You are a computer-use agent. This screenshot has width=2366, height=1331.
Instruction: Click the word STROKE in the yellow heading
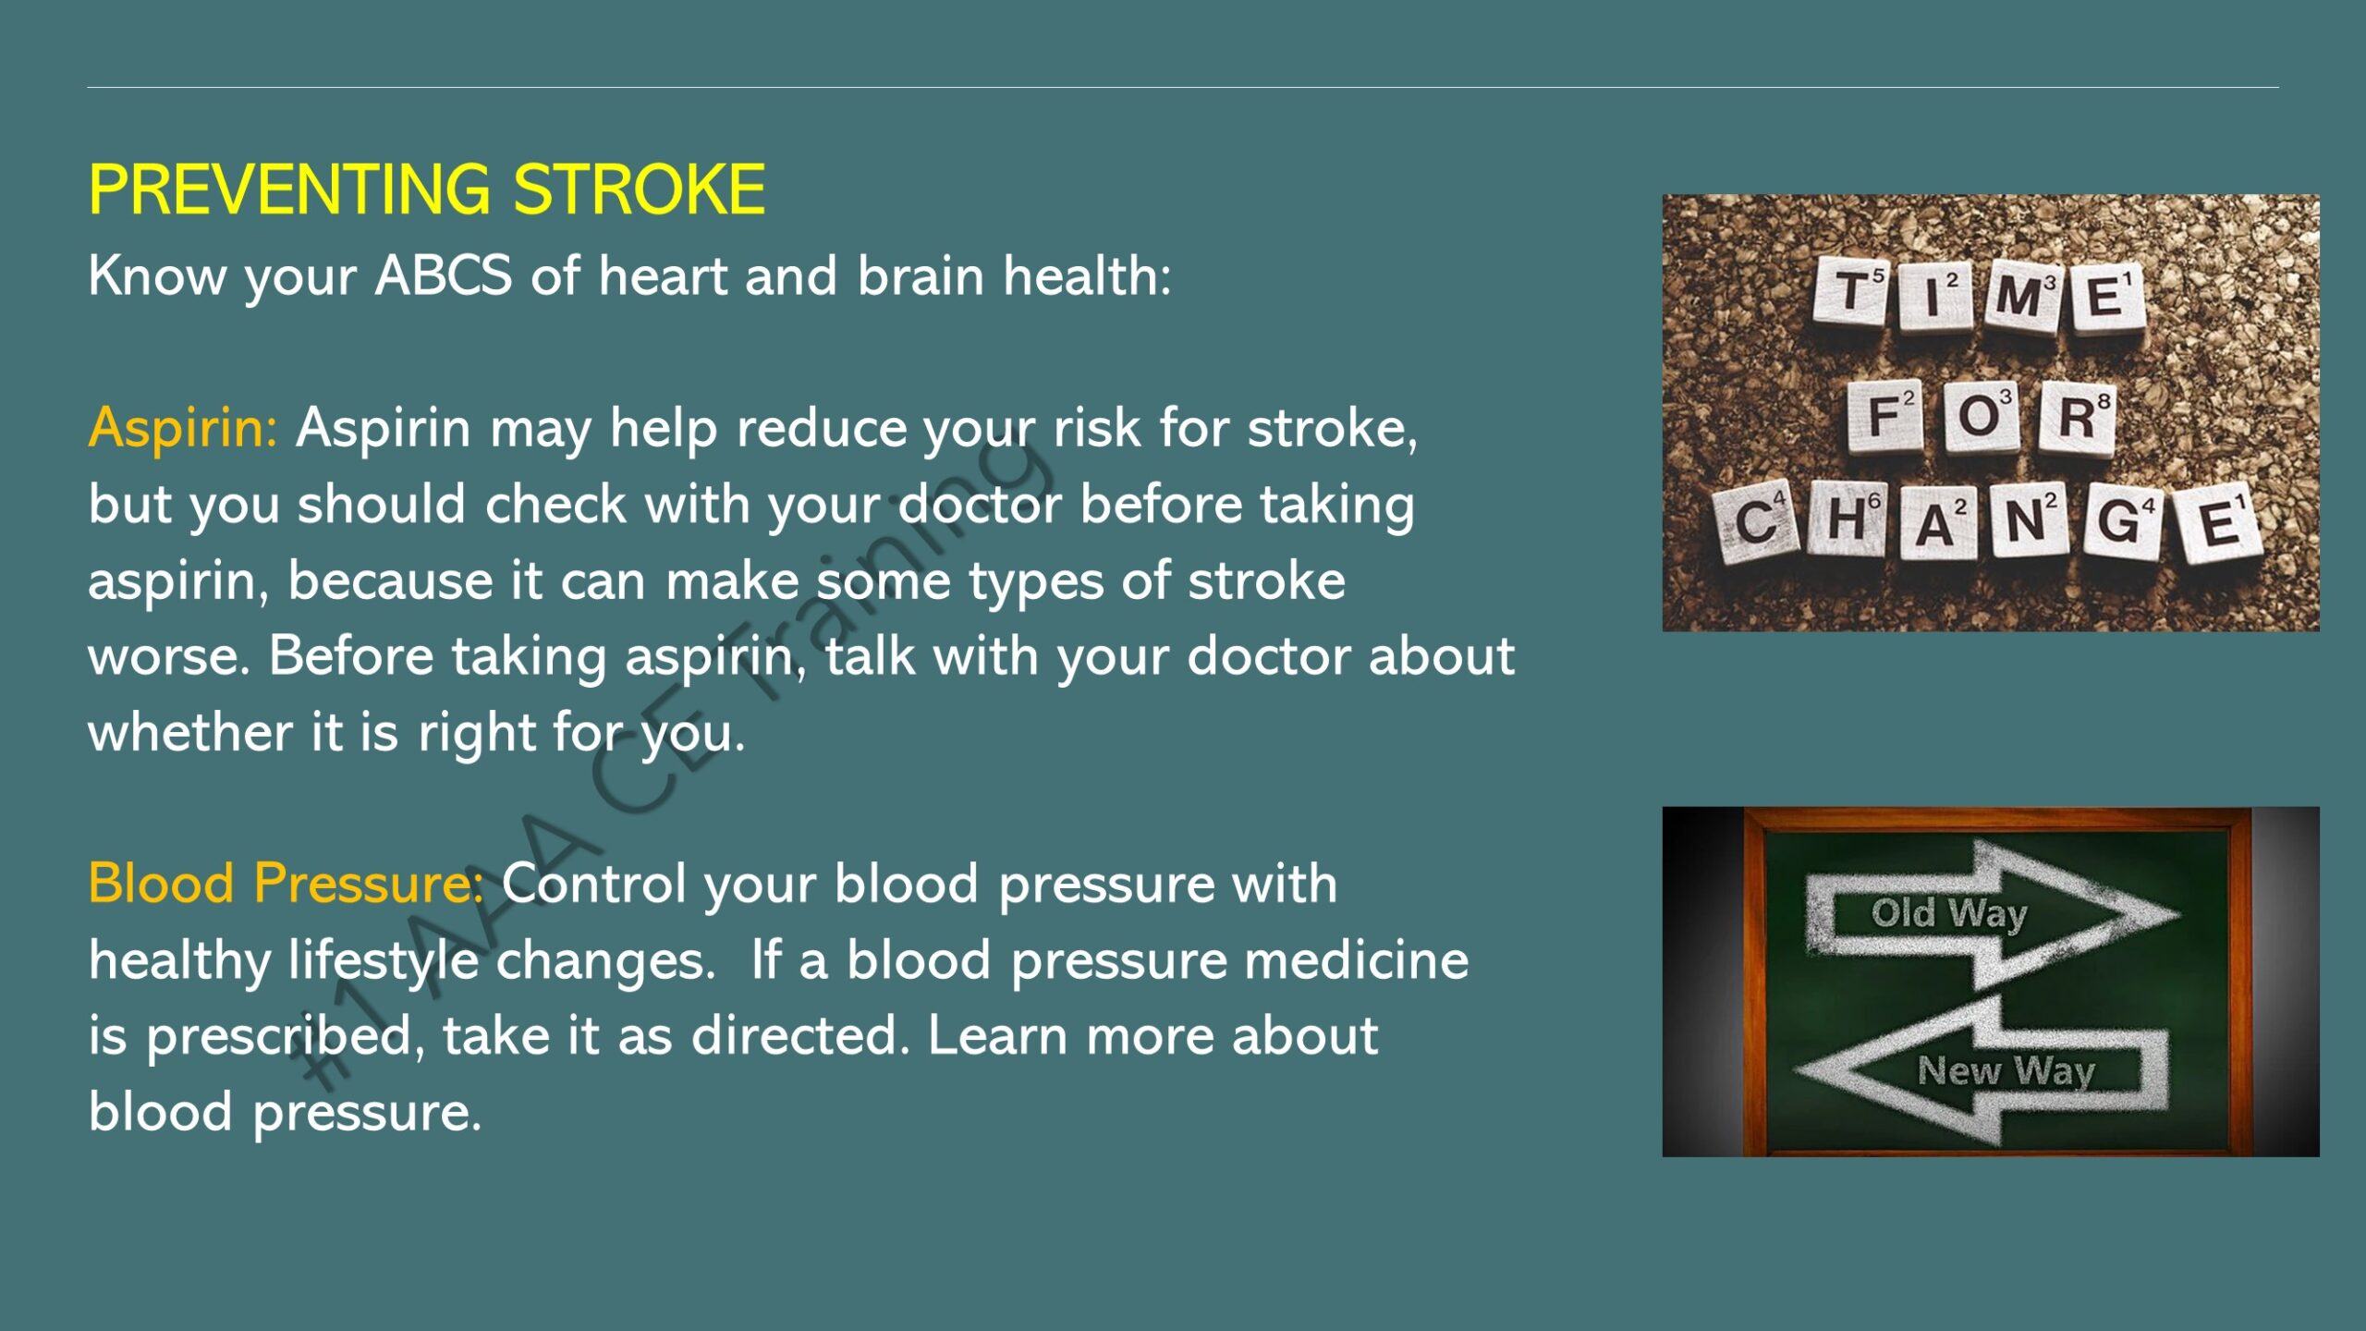(x=639, y=189)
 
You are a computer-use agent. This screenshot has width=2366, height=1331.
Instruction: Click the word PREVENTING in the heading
(x=289, y=189)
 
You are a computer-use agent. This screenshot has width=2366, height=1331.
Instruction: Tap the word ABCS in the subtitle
(x=443, y=275)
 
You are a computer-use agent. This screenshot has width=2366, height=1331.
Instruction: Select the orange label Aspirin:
(x=182, y=429)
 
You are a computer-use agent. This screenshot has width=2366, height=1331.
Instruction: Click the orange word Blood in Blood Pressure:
(x=161, y=883)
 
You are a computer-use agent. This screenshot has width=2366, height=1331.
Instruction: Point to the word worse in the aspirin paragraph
(x=168, y=657)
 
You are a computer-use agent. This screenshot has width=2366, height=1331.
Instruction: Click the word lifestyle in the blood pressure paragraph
(x=384, y=960)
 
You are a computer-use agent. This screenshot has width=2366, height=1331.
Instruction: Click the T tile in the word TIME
(x=1849, y=292)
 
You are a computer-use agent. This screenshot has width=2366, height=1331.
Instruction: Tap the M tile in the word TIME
(x=2021, y=296)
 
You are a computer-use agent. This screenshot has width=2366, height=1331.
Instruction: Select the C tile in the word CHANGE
(x=1754, y=523)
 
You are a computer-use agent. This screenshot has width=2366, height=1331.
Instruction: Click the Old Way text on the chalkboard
(x=1948, y=913)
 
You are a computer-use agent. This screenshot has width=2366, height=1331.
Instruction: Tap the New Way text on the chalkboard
(x=2006, y=1070)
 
